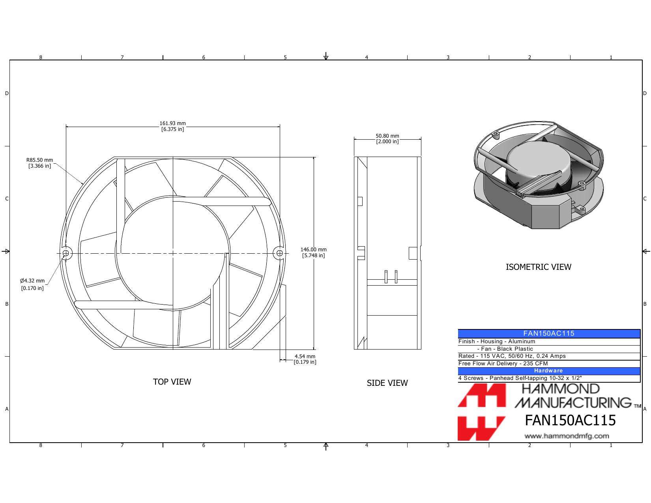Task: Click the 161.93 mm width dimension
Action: (172, 126)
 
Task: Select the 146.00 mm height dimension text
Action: (313, 252)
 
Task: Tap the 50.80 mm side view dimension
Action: (387, 139)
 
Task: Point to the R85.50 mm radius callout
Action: (39, 163)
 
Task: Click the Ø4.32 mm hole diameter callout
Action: (32, 284)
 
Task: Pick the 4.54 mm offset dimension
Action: (305, 359)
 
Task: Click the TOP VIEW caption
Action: (172, 381)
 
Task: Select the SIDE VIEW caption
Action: (387, 383)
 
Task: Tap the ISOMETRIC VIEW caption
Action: (538, 267)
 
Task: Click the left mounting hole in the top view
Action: (66, 253)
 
